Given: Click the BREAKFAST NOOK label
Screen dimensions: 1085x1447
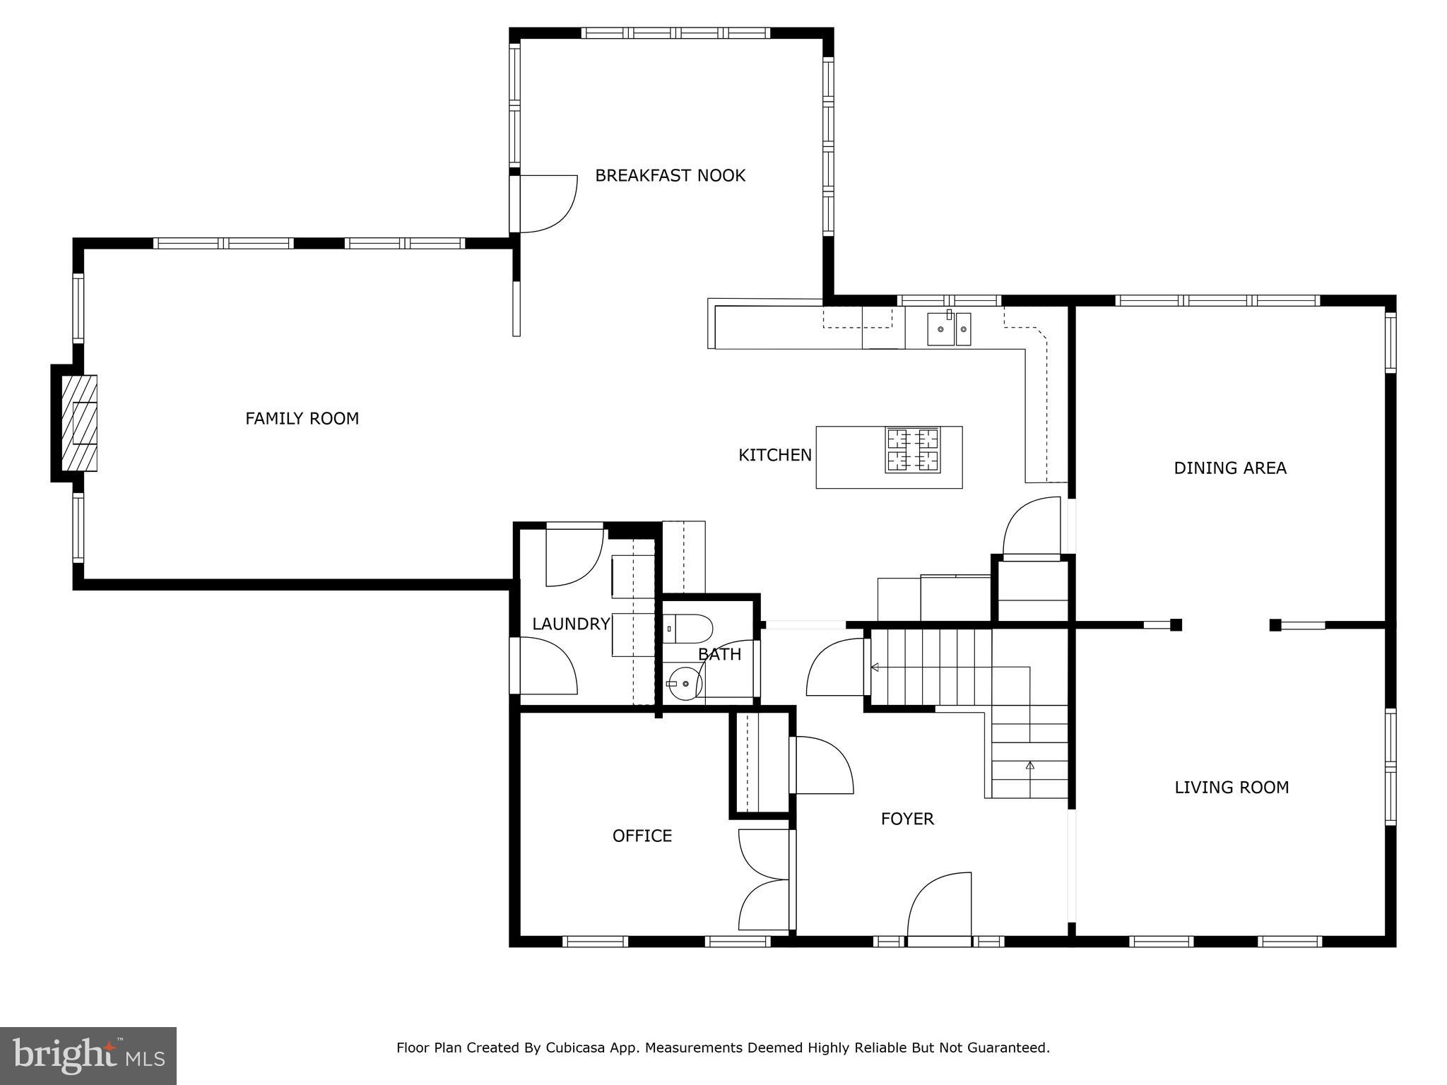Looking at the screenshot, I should point(670,175).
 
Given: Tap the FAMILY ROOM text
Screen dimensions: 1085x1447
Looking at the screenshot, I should point(302,419).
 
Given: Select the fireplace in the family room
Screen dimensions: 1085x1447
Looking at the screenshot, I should point(78,423).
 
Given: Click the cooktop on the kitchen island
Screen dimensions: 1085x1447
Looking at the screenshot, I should point(913,450).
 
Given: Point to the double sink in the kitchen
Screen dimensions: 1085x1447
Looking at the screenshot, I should point(949,329).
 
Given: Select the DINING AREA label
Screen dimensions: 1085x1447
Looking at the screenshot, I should point(1229,468).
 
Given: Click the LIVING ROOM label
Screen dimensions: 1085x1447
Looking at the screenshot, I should point(1231,787).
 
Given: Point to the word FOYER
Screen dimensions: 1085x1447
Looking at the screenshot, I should point(907,819).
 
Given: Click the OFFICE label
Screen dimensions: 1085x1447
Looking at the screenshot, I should point(642,836).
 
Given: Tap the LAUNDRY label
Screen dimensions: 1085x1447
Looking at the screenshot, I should point(570,624).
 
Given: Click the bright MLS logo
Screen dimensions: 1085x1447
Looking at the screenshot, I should point(88,1055).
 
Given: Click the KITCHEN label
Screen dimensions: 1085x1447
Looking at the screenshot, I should point(774,455).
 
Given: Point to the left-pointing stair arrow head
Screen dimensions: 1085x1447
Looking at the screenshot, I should point(875,667).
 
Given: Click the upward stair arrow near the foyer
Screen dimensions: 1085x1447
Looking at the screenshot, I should point(1029,765).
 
